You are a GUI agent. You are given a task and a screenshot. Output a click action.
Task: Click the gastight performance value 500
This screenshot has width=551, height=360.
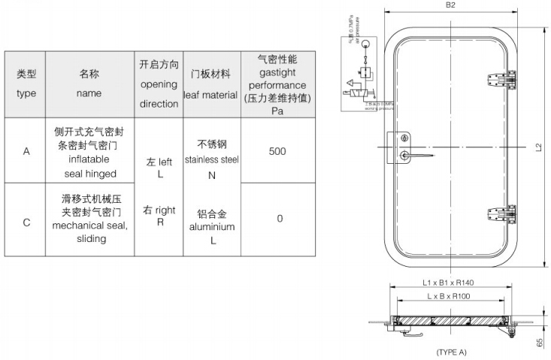click(x=277, y=150)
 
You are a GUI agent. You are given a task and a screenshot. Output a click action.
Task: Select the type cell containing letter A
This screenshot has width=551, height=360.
click(x=26, y=150)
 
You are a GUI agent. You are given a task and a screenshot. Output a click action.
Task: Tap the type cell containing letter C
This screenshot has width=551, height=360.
click(x=26, y=222)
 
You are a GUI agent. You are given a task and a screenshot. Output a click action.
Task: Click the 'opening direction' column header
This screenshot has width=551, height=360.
click(x=159, y=84)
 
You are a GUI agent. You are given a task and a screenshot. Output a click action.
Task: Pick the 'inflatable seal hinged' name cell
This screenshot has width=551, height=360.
click(x=89, y=151)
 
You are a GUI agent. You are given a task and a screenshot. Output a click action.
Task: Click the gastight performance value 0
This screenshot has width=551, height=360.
click(x=280, y=219)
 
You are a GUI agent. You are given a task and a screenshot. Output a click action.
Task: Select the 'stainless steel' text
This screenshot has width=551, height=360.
click(x=210, y=159)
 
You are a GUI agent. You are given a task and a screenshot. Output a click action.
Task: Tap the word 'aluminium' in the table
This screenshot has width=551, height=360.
click(x=212, y=226)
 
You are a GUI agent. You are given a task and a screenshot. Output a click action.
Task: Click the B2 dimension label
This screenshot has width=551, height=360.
click(x=452, y=6)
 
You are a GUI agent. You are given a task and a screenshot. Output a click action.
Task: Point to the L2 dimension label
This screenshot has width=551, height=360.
click(x=539, y=147)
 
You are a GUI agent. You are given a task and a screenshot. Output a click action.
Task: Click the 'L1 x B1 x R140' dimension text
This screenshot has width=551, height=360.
click(x=452, y=283)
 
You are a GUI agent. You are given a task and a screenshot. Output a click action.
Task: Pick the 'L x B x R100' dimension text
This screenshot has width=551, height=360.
click(x=451, y=297)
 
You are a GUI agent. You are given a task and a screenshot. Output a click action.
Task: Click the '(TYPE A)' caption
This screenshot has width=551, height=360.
click(x=451, y=351)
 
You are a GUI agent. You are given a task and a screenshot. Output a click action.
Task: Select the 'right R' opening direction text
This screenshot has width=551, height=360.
click(x=159, y=216)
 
